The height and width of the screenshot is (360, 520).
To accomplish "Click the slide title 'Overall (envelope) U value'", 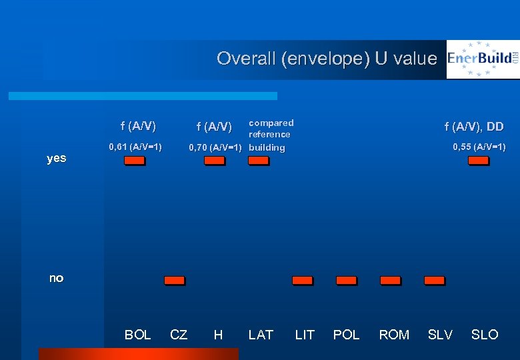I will (326, 59).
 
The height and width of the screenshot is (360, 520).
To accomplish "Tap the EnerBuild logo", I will (483, 59).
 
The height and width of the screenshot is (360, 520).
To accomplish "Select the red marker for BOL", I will (134, 161).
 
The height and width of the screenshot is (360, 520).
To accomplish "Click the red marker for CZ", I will (175, 281).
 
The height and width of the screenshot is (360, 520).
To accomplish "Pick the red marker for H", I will (214, 161).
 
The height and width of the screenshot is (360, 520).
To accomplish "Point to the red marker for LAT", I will (258, 161).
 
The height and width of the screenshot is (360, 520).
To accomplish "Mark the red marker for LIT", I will (302, 281).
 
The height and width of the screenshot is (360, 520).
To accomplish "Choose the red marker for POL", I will (346, 281).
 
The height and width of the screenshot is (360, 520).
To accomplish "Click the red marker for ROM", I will (390, 281).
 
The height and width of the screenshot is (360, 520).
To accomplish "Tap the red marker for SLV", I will (434, 281).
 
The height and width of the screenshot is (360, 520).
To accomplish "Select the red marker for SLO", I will (478, 161).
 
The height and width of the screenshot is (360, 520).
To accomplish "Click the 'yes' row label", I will (57, 159).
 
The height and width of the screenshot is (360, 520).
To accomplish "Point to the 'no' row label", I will (57, 278).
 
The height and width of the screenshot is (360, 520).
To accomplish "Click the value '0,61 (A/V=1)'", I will (135, 146).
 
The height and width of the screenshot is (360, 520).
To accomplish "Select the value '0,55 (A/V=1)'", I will (479, 147).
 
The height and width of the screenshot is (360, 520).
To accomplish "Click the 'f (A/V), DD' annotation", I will (474, 127).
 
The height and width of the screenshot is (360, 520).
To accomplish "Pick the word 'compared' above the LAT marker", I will (271, 123).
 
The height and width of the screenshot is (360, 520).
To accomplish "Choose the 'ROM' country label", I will (394, 335).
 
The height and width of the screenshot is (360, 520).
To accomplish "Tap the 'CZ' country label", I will (179, 335).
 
